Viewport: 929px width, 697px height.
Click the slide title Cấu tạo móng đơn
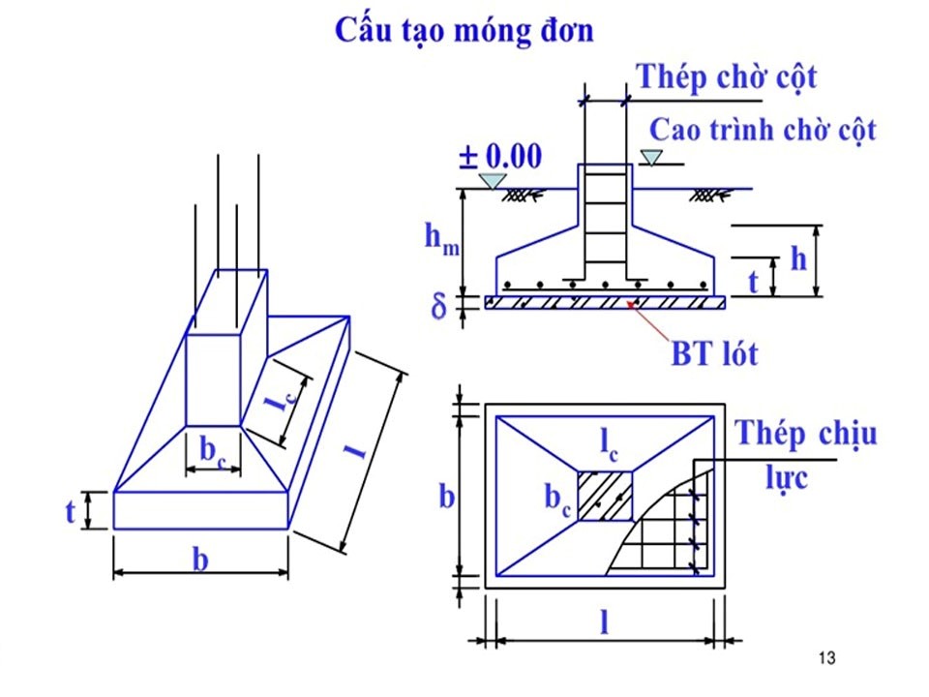pos(464,29)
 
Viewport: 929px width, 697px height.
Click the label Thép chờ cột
pos(726,76)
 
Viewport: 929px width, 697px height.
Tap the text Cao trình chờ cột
pos(762,130)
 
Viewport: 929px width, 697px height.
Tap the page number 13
pos(825,659)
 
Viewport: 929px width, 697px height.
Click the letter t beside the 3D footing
pos(71,511)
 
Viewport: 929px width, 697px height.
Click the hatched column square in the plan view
pos(606,496)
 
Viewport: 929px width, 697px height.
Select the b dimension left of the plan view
pos(447,496)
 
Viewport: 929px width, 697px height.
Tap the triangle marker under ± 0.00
pos(496,181)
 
